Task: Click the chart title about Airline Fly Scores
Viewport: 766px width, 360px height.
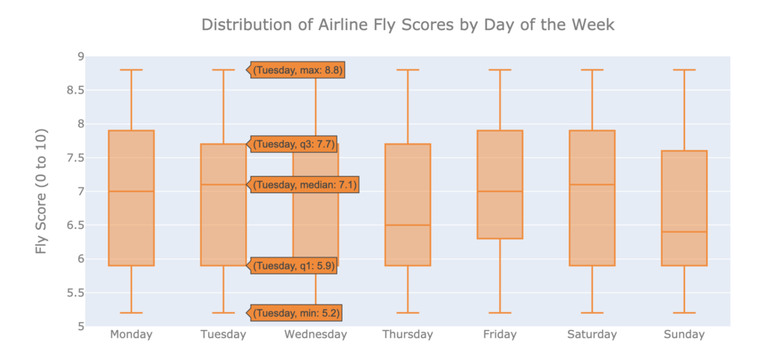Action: (408, 25)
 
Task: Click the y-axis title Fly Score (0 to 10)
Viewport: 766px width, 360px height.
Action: (42, 191)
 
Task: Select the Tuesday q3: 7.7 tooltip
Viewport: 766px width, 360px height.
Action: (293, 144)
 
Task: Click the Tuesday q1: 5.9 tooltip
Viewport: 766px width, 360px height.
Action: (293, 266)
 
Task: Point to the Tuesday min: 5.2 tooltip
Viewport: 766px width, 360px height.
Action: (296, 313)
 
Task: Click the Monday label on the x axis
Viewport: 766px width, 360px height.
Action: (131, 335)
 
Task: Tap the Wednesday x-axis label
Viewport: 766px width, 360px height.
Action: (315, 335)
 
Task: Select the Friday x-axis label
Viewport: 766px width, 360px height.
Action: (500, 335)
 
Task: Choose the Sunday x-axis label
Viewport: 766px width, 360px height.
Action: (684, 335)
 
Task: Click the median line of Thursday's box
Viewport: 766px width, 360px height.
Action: (408, 225)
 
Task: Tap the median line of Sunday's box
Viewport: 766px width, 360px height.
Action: (684, 232)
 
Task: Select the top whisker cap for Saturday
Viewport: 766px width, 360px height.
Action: (592, 70)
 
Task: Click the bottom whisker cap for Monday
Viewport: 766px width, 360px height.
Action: (131, 313)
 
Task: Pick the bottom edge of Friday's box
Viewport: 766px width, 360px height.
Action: (500, 239)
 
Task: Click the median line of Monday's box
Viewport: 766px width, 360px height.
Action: (131, 192)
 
